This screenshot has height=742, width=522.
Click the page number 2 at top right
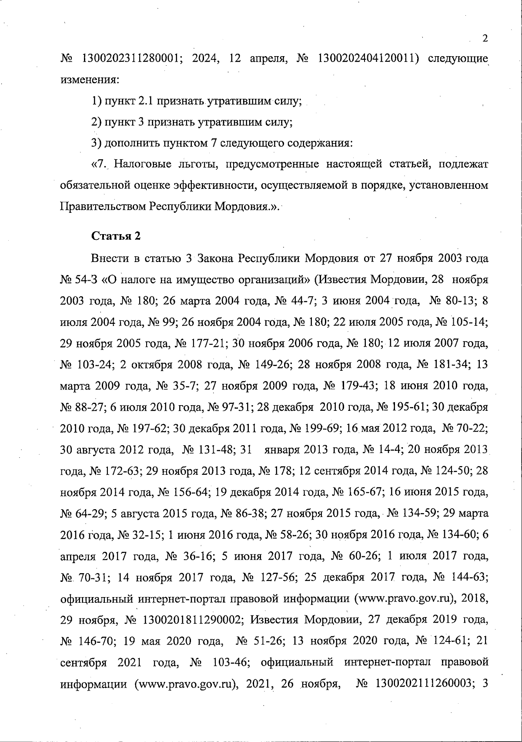pyautogui.click(x=485, y=38)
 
